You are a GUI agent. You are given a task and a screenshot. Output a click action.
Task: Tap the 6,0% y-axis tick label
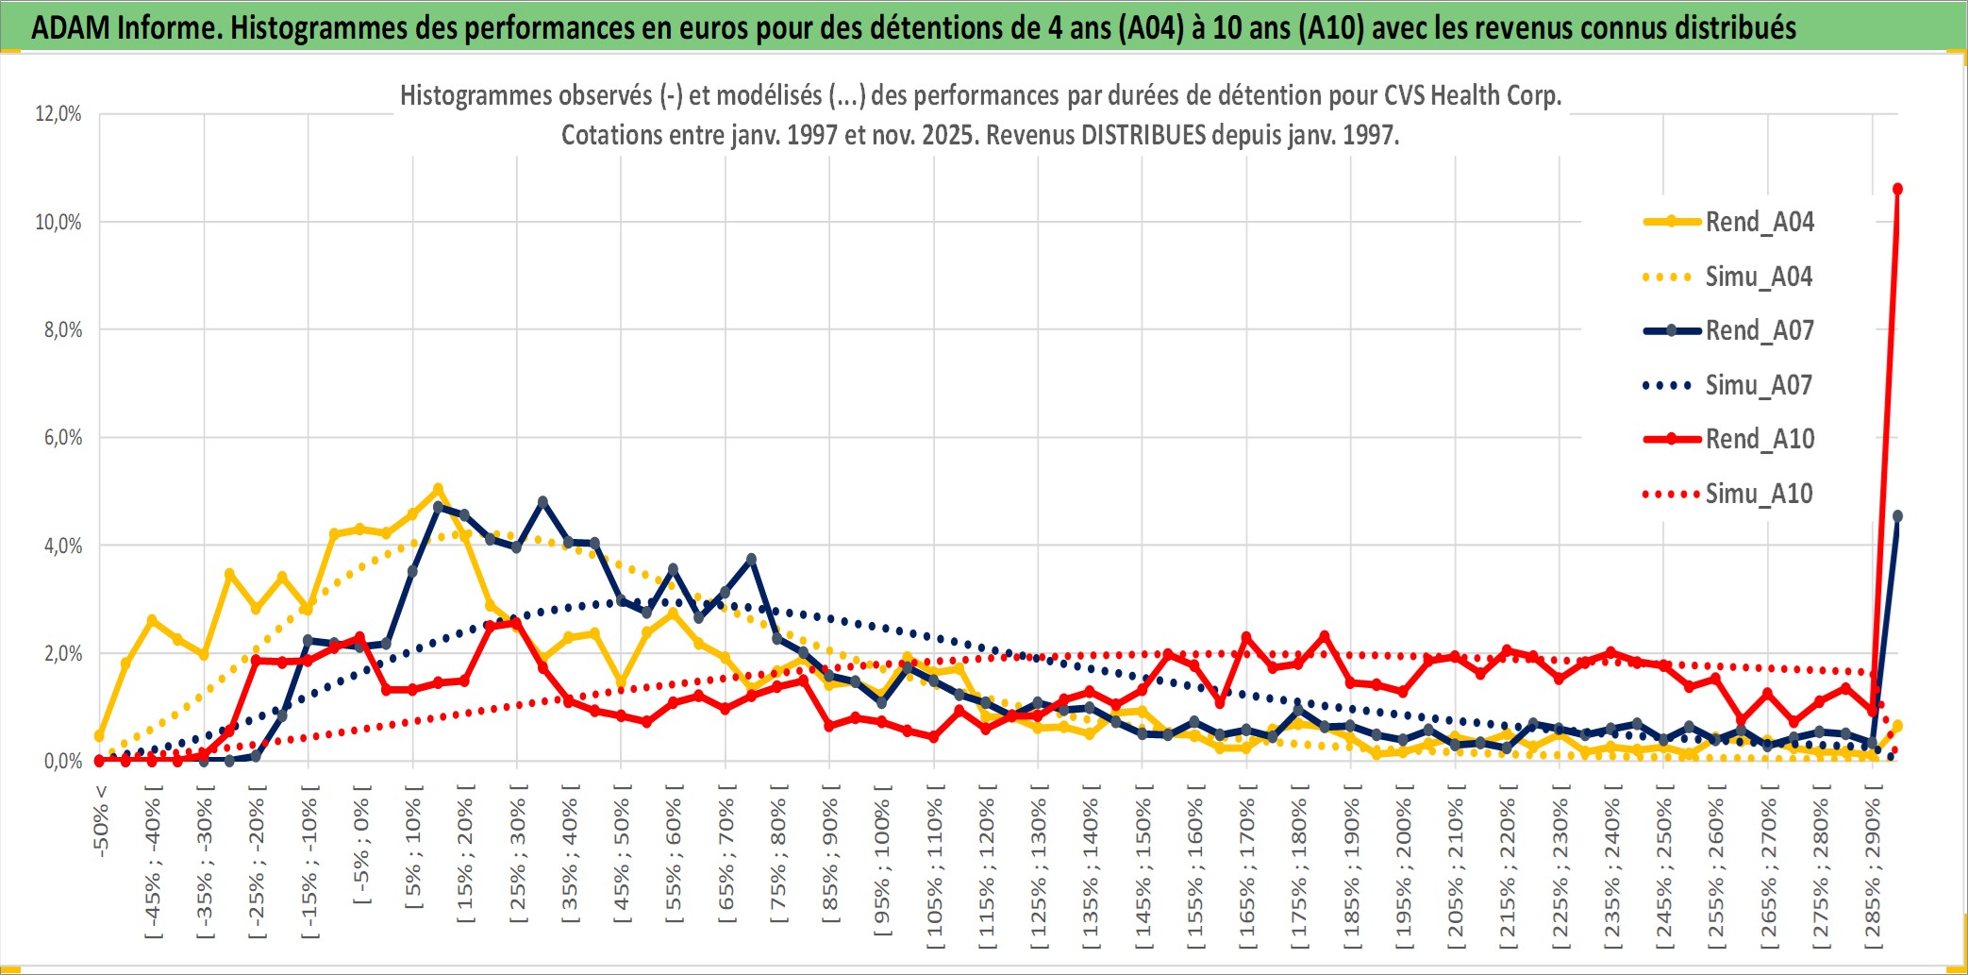click(x=62, y=437)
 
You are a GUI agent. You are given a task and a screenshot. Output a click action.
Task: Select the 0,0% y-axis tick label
click(x=62, y=761)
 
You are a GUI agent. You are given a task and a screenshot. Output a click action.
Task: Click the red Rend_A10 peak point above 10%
click(x=1897, y=189)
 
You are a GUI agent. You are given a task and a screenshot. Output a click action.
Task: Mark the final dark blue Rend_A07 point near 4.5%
click(x=1897, y=516)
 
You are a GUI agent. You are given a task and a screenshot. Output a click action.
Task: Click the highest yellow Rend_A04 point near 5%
click(x=438, y=489)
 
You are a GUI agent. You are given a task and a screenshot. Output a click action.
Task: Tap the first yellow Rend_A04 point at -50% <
click(x=100, y=735)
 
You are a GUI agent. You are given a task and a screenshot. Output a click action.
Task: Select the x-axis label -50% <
click(x=101, y=821)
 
